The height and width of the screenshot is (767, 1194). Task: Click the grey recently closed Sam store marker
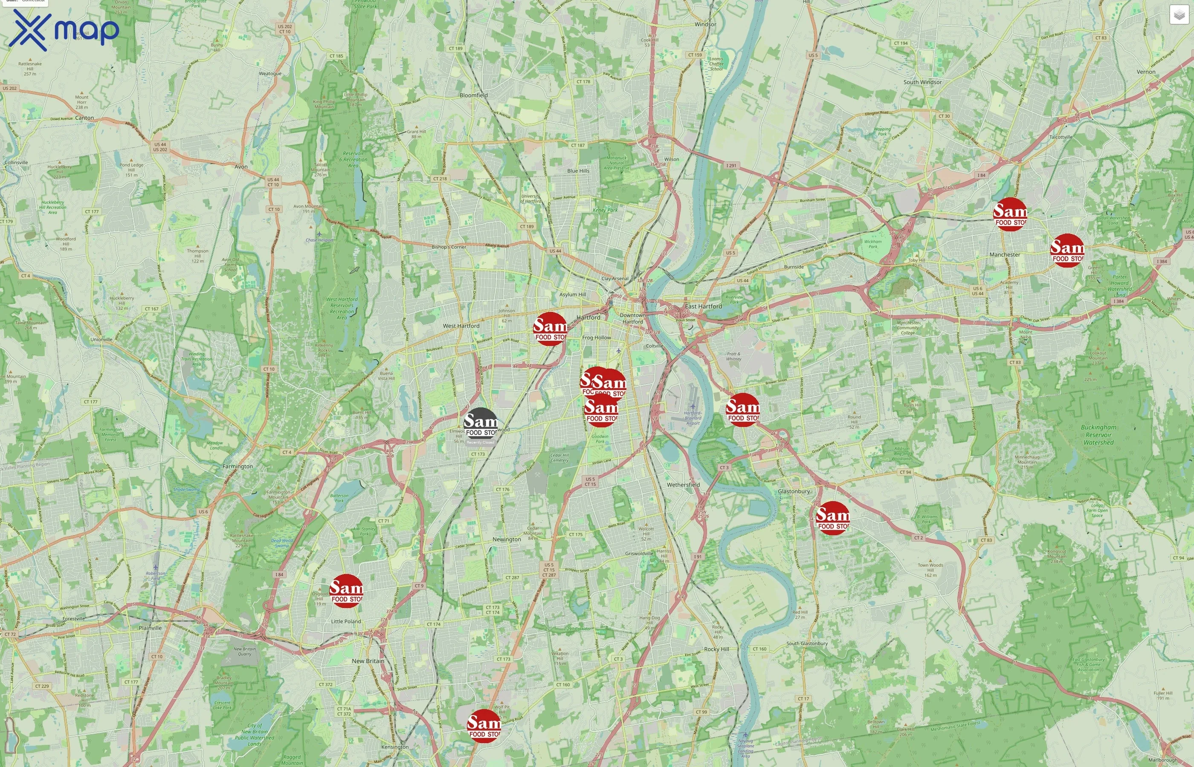pyautogui.click(x=481, y=424)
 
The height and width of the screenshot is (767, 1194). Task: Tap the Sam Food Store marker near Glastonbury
pyautogui.click(x=833, y=518)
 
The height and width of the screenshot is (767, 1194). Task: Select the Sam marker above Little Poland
pyautogui.click(x=346, y=591)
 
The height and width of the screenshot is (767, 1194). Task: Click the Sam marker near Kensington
pyautogui.click(x=484, y=726)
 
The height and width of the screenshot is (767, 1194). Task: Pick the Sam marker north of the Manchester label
pyautogui.click(x=1010, y=214)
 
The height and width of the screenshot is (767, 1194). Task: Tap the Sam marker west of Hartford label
pyautogui.click(x=550, y=329)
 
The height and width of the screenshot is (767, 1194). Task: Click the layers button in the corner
pyautogui.click(x=1179, y=15)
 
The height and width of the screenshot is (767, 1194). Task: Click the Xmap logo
pyautogui.click(x=64, y=30)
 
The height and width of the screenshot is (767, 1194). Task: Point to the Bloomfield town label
pyautogui.click(x=473, y=95)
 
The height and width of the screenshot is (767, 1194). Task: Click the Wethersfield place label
pyautogui.click(x=683, y=484)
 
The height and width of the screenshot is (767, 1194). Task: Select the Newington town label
pyautogui.click(x=506, y=539)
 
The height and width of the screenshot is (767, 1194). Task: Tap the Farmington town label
pyautogui.click(x=237, y=467)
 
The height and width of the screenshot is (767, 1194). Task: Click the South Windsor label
pyautogui.click(x=922, y=82)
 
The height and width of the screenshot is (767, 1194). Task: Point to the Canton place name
pyautogui.click(x=84, y=118)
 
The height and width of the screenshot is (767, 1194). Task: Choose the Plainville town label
pyautogui.click(x=150, y=628)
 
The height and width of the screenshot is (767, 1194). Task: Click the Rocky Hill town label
pyautogui.click(x=716, y=649)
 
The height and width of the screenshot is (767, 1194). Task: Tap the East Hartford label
pyautogui.click(x=703, y=306)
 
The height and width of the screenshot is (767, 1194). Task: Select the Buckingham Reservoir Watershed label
pyautogui.click(x=1098, y=435)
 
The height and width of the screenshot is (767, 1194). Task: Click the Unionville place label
pyautogui.click(x=101, y=340)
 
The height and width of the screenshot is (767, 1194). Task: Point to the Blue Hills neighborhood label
pyautogui.click(x=578, y=171)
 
